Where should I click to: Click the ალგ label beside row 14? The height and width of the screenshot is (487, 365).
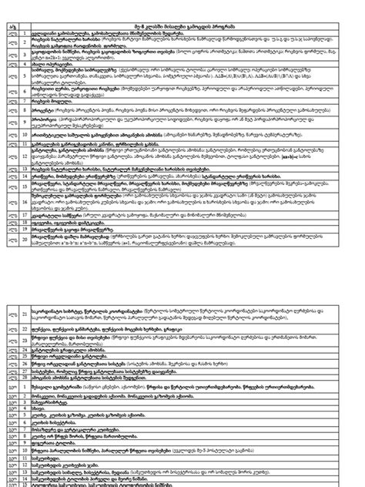point(10,176)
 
